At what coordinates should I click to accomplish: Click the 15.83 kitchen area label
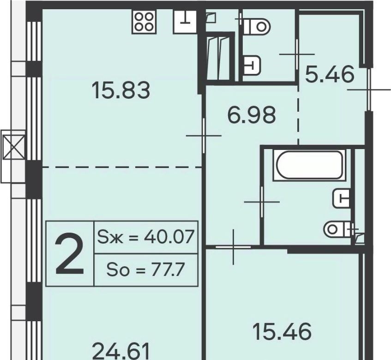[x=121, y=91]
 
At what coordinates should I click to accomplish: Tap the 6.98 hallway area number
[x=252, y=115]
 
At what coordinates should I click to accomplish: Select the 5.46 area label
[x=330, y=74]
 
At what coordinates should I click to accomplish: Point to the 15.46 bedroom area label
[x=282, y=331]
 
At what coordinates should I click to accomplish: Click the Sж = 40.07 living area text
[x=146, y=237]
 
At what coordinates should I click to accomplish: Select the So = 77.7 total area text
[x=146, y=270]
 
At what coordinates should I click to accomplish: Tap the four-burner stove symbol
[x=144, y=22]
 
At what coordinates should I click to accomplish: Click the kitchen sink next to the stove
[x=185, y=22]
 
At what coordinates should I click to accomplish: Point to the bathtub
[x=309, y=165]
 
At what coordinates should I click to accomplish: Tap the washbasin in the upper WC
[x=252, y=66]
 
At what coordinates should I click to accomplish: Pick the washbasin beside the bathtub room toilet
[x=342, y=198]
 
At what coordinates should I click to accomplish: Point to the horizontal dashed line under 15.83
[x=122, y=167]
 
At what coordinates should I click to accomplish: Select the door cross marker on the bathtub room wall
[x=262, y=202]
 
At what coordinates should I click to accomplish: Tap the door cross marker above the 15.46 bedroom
[x=233, y=247]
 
